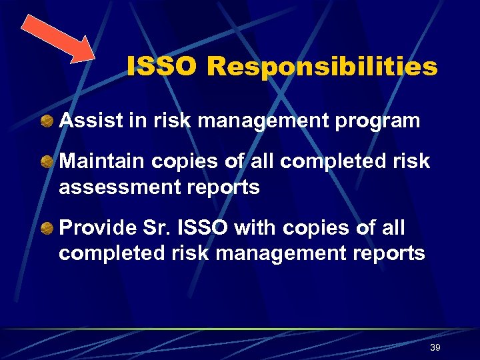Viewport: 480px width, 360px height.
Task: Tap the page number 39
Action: [x=435, y=348]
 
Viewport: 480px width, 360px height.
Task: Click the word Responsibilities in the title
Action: [x=322, y=67]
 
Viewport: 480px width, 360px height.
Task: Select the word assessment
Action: [x=114, y=187]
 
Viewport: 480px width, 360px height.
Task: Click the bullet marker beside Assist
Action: [x=47, y=121]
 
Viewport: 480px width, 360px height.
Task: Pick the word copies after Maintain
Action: [x=185, y=162]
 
